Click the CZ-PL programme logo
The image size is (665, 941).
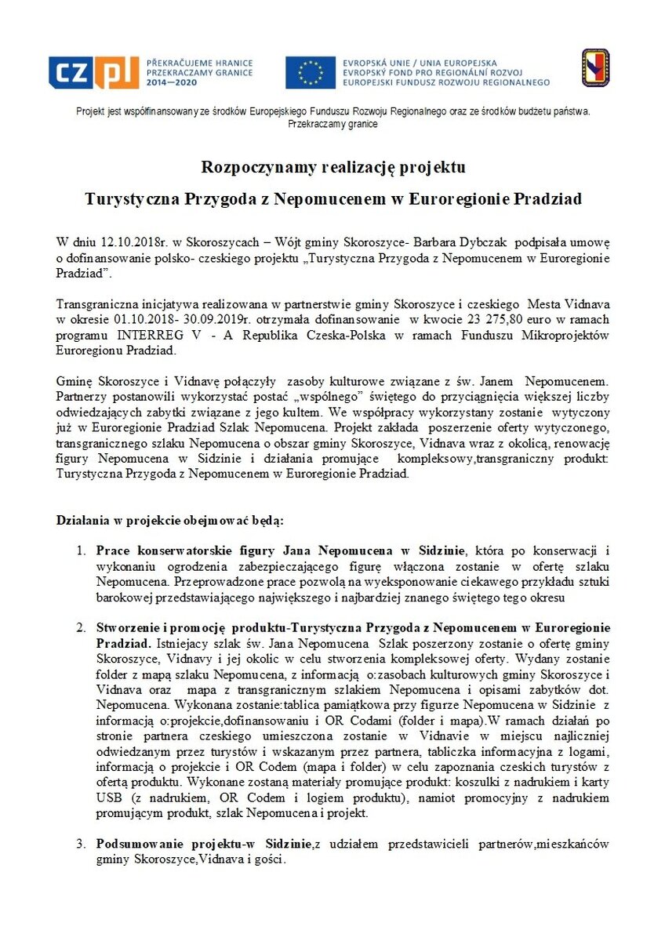pos(93,72)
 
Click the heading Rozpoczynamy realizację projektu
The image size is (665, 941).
pos(333,167)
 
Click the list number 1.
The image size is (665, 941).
pos(81,551)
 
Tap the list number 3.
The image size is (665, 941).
pos(81,845)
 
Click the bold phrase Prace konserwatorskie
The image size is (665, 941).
pos(161,551)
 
